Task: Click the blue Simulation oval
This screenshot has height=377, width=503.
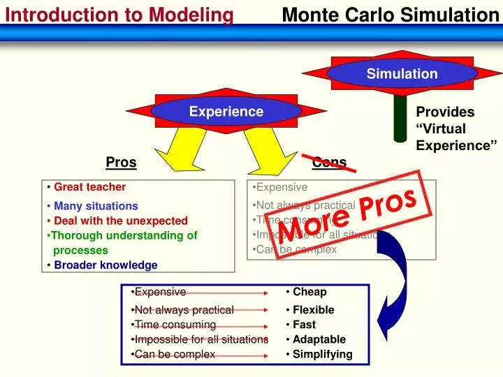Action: pyautogui.click(x=402, y=73)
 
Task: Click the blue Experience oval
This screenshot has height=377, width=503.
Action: pyautogui.click(x=226, y=112)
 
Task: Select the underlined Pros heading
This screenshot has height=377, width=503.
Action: pyautogui.click(x=121, y=163)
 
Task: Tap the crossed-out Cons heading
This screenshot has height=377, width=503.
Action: pyautogui.click(x=329, y=163)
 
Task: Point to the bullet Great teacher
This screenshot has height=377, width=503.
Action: pyautogui.click(x=89, y=187)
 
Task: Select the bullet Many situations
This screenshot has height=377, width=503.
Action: pyautogui.click(x=96, y=206)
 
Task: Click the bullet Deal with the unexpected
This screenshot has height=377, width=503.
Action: pyautogui.click(x=121, y=221)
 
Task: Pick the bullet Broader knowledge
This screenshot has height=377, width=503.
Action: pyautogui.click(x=105, y=265)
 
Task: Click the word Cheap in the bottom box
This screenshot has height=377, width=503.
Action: pyautogui.click(x=309, y=292)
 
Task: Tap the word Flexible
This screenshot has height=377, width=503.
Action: pyautogui.click(x=313, y=310)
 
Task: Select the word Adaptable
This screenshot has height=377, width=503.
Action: pyautogui.click(x=319, y=339)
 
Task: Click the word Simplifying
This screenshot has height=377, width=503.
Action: pyautogui.click(x=322, y=354)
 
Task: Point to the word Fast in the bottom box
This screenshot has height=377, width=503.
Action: pyautogui.click(x=304, y=325)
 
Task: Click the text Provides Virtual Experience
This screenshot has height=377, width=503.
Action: pyautogui.click(x=455, y=128)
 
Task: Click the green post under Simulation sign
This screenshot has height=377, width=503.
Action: pyautogui.click(x=400, y=115)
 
